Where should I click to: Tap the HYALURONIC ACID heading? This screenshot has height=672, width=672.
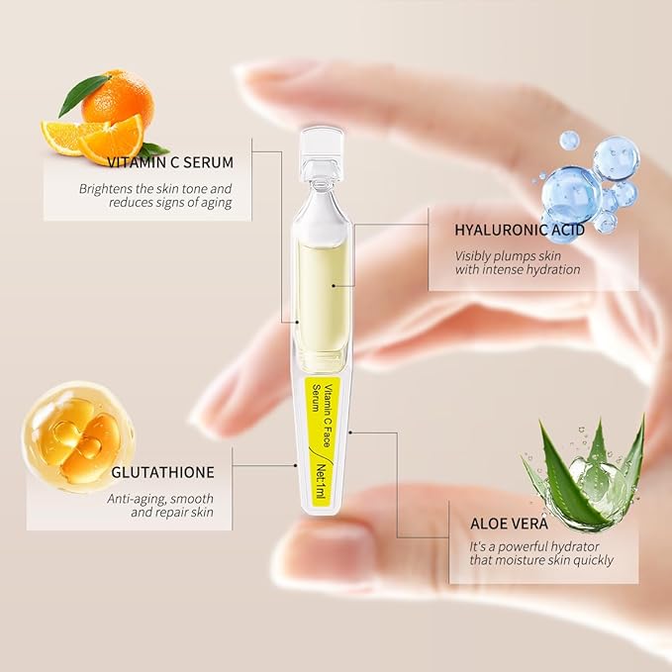[519, 230]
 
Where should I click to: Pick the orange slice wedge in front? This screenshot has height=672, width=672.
[111, 141]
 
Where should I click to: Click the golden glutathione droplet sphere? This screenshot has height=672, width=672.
[78, 438]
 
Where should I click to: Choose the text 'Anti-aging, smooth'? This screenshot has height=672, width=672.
[169, 498]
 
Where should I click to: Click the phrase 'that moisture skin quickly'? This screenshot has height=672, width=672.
[540, 560]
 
